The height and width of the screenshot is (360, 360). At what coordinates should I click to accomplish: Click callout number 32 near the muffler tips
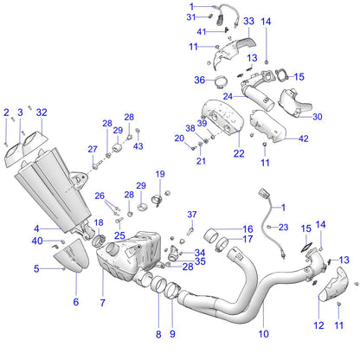coord(42,112)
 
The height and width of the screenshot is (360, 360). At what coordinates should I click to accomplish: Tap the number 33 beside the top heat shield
coord(248,21)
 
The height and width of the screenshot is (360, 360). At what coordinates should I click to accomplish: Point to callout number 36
coord(199,80)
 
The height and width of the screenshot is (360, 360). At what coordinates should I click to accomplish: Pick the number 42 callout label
coord(303,138)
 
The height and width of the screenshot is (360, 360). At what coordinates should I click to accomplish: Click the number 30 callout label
coord(317,117)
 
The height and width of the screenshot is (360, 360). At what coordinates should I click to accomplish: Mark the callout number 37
coord(193,214)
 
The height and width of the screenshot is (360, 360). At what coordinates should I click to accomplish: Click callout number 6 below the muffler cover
coord(75,302)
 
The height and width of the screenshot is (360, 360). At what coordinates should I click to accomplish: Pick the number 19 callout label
coord(160,175)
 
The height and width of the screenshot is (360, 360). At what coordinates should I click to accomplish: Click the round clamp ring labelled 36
coord(221,83)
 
